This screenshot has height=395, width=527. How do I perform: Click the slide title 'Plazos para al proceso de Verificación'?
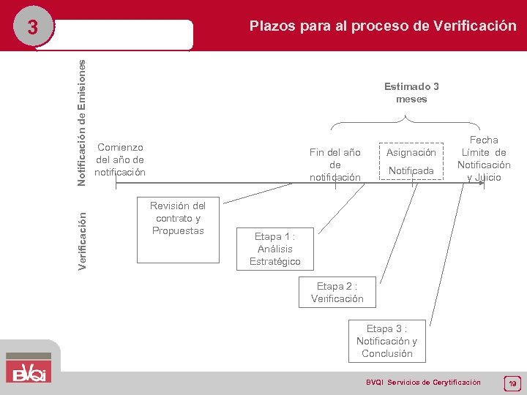pos(382,26)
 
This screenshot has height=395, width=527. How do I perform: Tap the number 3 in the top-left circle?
pos(32,29)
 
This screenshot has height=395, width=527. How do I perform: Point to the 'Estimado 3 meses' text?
pos(411,93)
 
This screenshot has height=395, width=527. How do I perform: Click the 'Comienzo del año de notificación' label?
pos(120,159)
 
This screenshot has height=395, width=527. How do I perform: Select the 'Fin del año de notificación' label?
pos(334,165)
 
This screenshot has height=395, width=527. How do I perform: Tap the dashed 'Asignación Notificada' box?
pos(411,162)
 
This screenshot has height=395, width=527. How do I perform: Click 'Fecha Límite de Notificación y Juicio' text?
pos(484,158)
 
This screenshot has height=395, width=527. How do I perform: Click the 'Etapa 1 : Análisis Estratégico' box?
pos(274,249)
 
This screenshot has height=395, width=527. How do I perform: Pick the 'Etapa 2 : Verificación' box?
pos(337,292)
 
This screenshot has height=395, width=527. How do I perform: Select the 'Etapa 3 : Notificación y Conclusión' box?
pos(386,341)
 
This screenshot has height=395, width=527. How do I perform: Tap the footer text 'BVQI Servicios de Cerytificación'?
pos(423,383)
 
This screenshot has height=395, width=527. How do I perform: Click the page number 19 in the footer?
pos(512,383)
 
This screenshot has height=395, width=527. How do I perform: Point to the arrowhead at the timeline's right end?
pos(481,184)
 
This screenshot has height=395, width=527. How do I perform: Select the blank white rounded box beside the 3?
pos(124,34)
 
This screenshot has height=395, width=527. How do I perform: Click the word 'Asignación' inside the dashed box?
pos(411,152)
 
